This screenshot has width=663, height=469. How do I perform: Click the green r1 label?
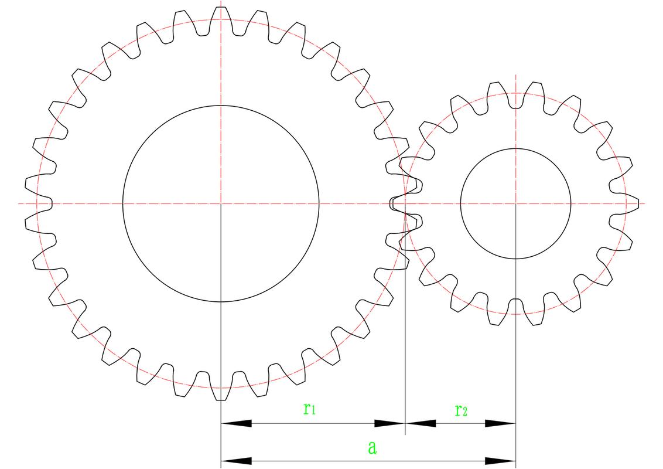tap(309, 409)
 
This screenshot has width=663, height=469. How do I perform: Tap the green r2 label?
tap(461, 410)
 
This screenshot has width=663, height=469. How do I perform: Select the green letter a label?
tap(372, 447)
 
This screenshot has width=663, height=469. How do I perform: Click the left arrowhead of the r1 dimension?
tap(237, 423)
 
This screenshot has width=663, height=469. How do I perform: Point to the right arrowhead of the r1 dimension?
tap(390, 423)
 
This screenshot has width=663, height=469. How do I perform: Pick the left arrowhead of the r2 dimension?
tap(421, 423)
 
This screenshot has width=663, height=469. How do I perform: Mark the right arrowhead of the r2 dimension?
tap(500, 423)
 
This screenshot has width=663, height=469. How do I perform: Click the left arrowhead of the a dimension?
tap(237, 461)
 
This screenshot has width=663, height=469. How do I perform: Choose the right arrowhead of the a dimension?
tap(500, 461)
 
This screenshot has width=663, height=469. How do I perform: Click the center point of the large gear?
tap(221, 203)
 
